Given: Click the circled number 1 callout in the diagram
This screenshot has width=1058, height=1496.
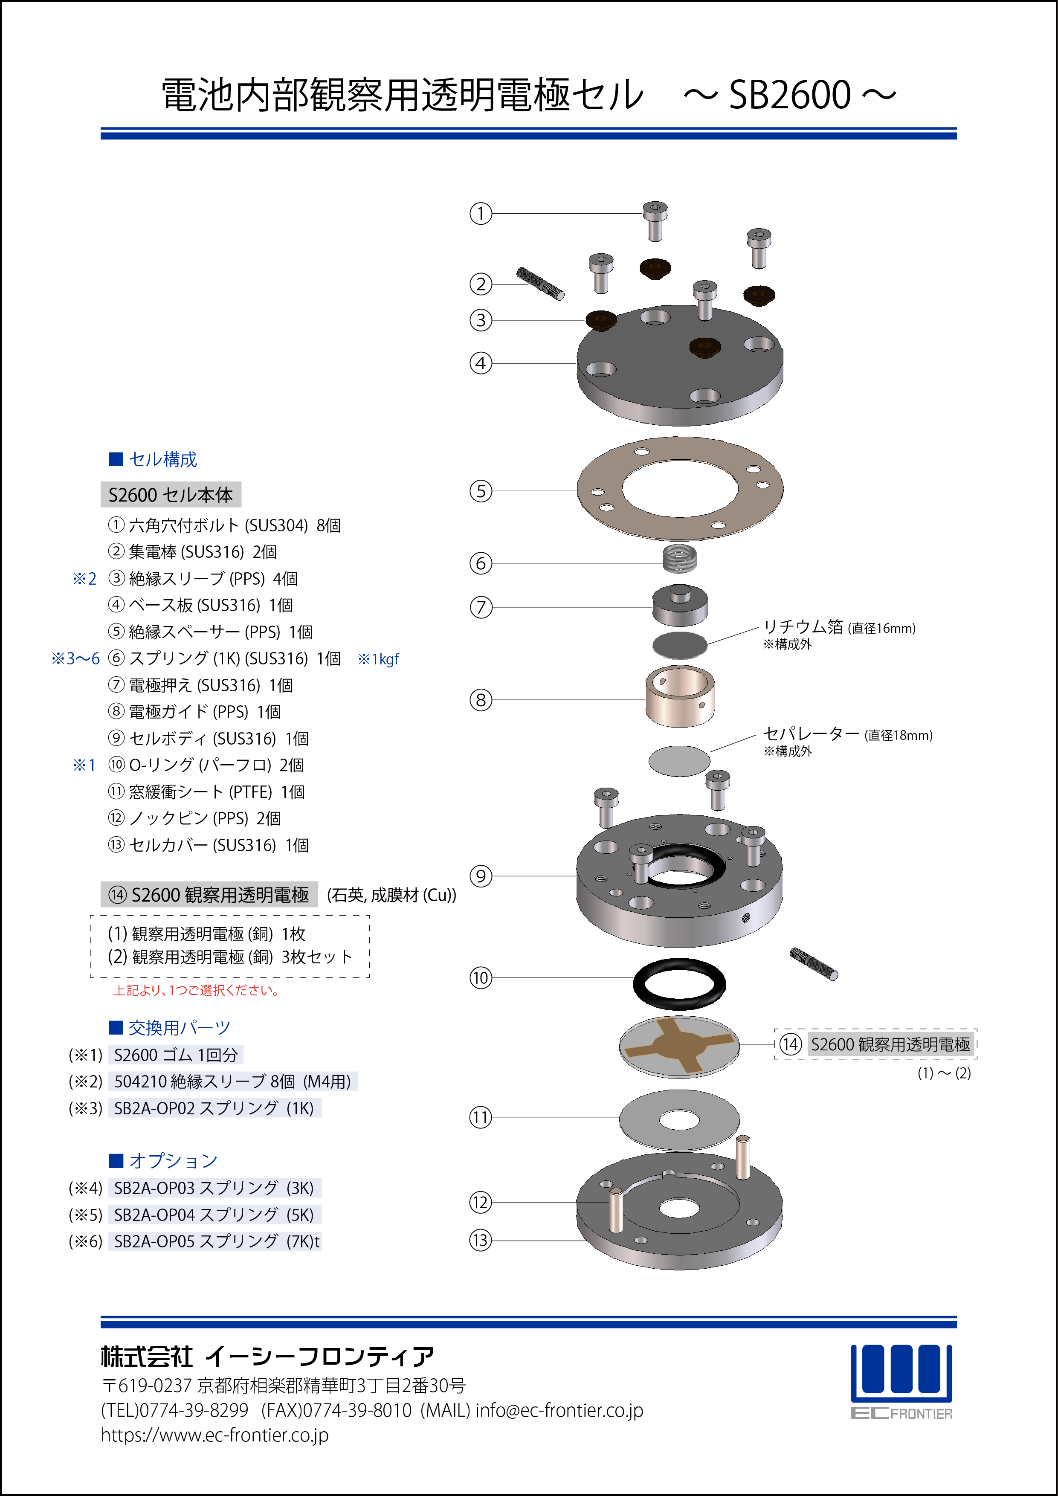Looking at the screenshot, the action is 481,213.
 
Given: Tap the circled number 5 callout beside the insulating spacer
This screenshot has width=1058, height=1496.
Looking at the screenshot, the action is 481,490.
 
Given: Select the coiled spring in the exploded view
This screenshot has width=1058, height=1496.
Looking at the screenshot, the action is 679,558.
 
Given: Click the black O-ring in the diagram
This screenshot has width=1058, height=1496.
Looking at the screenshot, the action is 679,983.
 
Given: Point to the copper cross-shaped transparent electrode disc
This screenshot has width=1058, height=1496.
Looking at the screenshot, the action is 679,1047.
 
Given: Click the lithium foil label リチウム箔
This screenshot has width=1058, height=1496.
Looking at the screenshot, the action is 803,627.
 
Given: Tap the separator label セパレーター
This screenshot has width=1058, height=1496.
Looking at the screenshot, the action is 812,734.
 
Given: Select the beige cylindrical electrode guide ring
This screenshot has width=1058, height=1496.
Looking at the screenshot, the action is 679,696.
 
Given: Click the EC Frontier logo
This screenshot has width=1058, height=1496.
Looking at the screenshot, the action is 901,1381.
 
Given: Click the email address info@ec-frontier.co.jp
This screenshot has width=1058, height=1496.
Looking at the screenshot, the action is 559,1411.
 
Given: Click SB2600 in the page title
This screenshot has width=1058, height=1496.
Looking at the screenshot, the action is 790,95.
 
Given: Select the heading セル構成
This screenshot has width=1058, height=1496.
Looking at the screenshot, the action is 163,459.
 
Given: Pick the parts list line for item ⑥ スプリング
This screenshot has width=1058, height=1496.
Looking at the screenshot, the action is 224,659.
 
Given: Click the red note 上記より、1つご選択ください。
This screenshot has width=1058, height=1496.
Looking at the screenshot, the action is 197,990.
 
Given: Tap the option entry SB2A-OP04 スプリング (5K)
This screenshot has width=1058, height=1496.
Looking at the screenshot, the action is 214,1215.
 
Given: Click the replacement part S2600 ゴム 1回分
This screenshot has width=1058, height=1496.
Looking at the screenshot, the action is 176,1055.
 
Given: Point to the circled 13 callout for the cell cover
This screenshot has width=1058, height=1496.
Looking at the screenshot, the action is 481,1240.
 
